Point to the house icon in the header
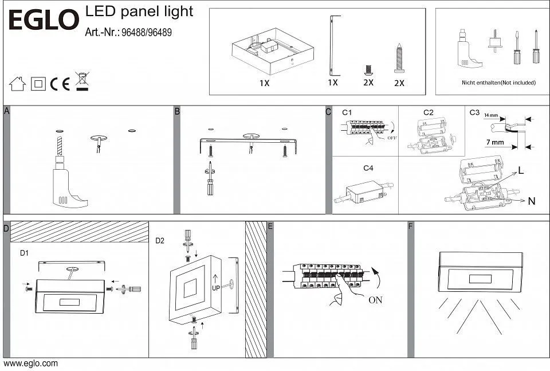(17, 84)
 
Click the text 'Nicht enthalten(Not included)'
(498, 83)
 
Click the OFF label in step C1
(392, 138)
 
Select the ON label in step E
(375, 299)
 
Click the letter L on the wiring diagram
(521, 170)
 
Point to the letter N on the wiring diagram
(531, 201)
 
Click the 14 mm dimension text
(490, 116)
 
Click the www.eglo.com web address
(31, 364)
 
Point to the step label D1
(25, 252)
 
